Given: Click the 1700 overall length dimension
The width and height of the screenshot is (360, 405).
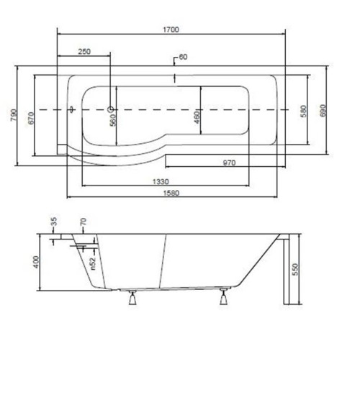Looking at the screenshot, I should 171,29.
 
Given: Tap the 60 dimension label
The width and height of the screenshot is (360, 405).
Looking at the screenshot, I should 183,57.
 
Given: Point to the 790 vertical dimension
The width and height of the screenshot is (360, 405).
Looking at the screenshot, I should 14,114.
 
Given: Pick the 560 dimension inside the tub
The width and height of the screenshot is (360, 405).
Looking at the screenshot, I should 113,122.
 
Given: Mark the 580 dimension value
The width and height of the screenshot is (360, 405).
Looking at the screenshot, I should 304,111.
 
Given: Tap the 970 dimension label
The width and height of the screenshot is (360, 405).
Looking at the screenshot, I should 229,163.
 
